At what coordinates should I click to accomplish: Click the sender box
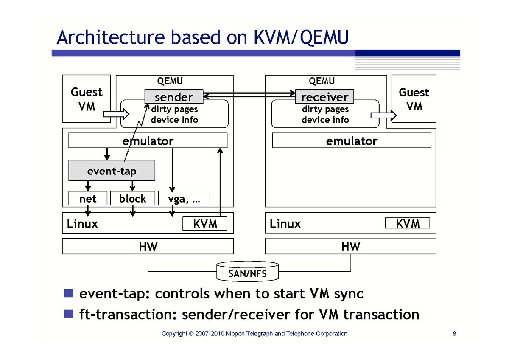click(x=174, y=97)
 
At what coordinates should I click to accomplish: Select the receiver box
click(x=324, y=97)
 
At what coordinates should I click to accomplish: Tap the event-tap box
click(x=112, y=171)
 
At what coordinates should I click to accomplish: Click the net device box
click(x=88, y=198)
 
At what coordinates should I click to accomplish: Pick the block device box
click(x=132, y=198)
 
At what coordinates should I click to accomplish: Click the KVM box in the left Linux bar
click(x=205, y=223)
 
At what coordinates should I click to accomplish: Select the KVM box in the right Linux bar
click(x=408, y=223)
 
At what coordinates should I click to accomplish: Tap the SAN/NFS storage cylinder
click(x=247, y=271)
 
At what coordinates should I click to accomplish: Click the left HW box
click(x=148, y=246)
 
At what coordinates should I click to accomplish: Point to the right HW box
click(x=351, y=246)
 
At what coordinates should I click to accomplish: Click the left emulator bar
click(x=148, y=141)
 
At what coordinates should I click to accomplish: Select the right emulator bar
click(x=351, y=141)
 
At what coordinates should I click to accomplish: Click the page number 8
click(x=454, y=334)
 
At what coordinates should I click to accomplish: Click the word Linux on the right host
click(x=285, y=224)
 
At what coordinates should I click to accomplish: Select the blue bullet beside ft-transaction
click(x=68, y=314)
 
